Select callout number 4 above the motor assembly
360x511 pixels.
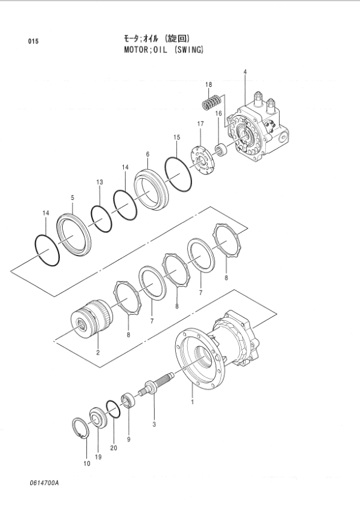pyautogui.click(x=245, y=72)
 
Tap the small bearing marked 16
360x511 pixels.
pyautogui.click(x=221, y=148)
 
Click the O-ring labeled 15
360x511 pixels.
pyautogui.click(x=178, y=173)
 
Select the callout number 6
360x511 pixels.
pyautogui.click(x=147, y=155)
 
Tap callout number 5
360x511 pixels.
pyautogui.click(x=72, y=198)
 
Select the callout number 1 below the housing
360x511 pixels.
pyautogui.click(x=192, y=401)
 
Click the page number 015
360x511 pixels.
pyautogui.click(x=33, y=41)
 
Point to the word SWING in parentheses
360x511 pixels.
pyautogui.click(x=190, y=50)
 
